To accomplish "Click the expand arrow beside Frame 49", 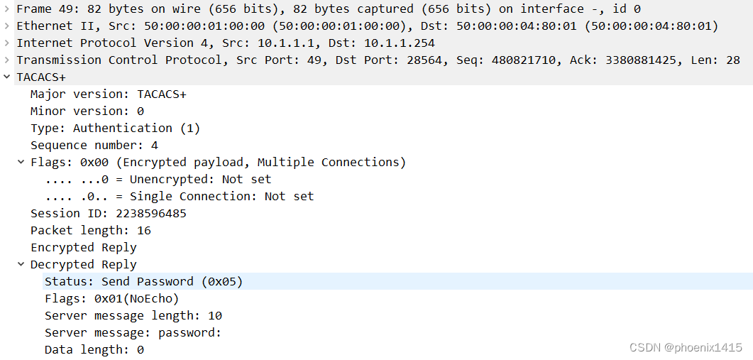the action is click(6, 9).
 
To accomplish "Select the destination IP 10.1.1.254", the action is click(400, 43).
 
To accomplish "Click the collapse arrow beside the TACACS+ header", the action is click(6, 77).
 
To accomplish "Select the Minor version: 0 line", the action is click(87, 111).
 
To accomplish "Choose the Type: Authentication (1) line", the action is click(115, 128).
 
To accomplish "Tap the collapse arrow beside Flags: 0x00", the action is click(21, 162).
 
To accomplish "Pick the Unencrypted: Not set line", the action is click(158, 179).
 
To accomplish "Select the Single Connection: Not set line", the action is click(179, 196).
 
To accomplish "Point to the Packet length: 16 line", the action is click(90, 230).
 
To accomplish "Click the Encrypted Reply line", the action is click(83, 247).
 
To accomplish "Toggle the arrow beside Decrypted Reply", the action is click(21, 264).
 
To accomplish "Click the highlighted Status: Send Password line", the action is click(143, 281).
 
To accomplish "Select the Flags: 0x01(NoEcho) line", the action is click(111, 298).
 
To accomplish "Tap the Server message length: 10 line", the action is click(133, 315).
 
